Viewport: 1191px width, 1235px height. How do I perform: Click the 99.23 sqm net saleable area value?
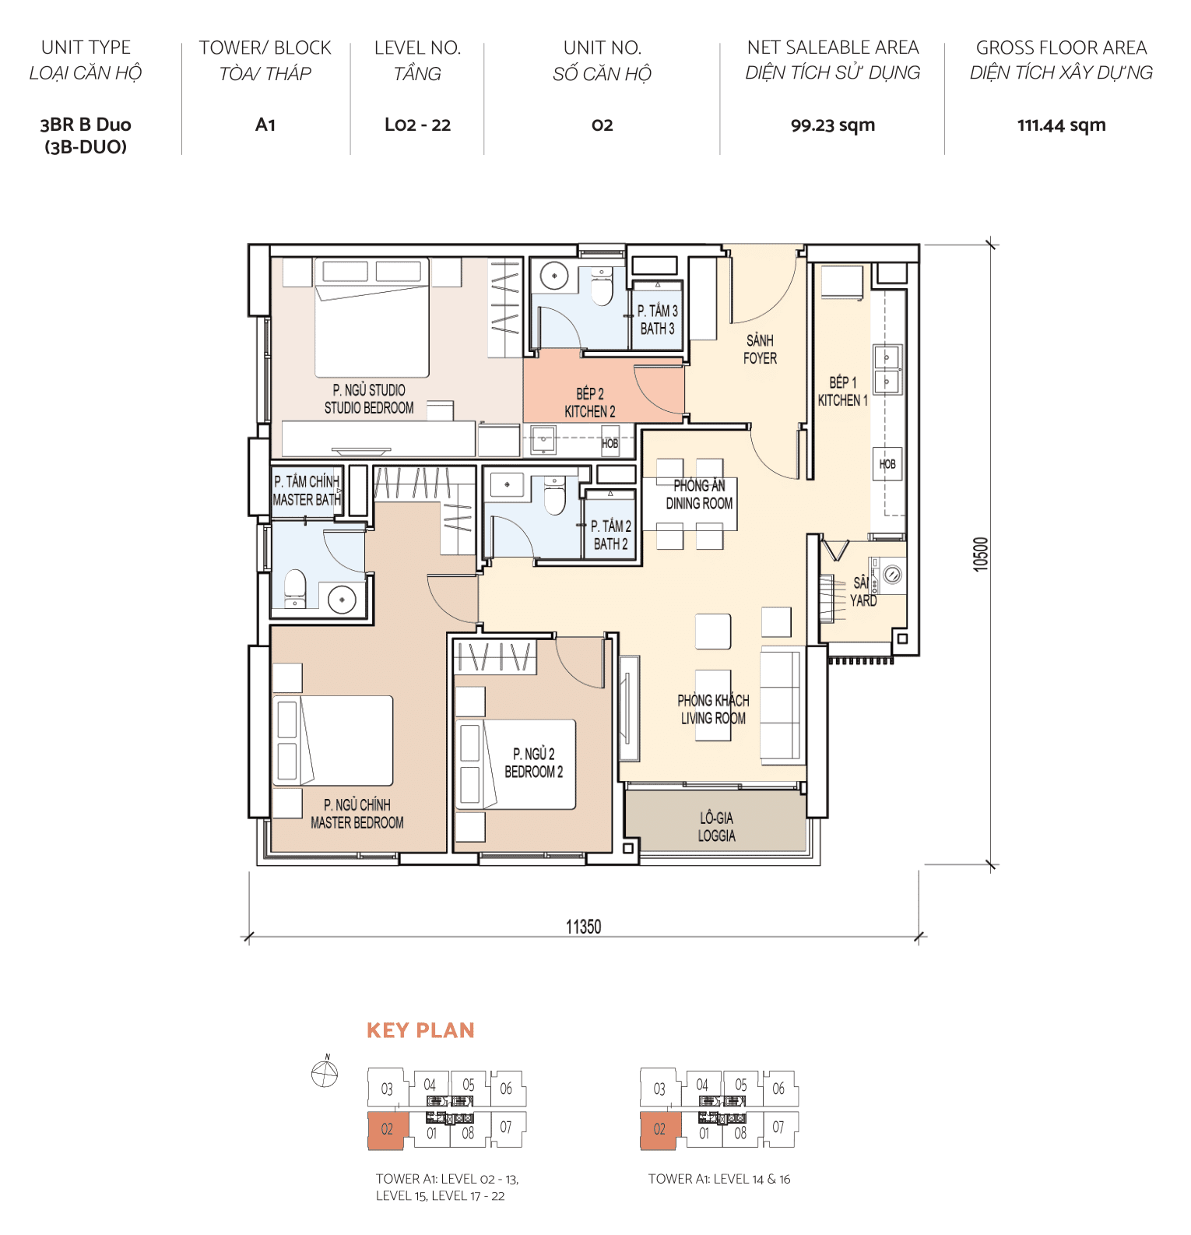coord(832,125)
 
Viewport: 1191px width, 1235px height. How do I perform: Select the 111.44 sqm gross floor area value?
coord(1061,125)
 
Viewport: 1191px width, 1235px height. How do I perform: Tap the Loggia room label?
coord(716,827)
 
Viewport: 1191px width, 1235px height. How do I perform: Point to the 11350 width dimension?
coord(583,927)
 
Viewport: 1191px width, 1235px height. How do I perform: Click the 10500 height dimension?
coord(980,554)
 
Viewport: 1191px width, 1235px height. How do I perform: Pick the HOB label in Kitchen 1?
coord(887,464)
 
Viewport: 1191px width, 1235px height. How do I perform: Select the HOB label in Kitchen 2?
coord(610,443)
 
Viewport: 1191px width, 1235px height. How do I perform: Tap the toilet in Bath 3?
coord(602,289)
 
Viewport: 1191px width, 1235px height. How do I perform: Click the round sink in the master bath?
coord(342,600)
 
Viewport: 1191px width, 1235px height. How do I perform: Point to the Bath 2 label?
coord(611,536)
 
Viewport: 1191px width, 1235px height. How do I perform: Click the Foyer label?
coord(760,350)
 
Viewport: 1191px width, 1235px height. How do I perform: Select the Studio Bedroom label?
coord(369,399)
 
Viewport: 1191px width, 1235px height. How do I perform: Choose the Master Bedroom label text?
coord(357,814)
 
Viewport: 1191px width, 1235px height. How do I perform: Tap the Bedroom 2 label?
coord(534,763)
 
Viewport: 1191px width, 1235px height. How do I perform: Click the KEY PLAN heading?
coord(420,1030)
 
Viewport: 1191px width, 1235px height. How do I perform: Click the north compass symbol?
coord(325,1074)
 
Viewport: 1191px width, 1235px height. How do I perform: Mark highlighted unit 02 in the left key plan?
coord(387,1130)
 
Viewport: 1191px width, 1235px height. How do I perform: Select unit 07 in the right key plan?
coord(778,1127)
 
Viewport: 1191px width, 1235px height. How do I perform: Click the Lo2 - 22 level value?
coord(417,125)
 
